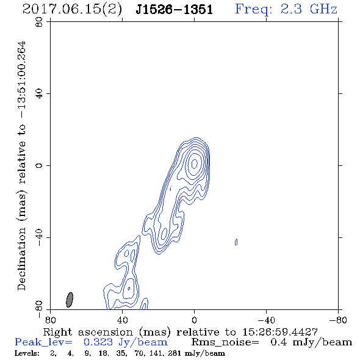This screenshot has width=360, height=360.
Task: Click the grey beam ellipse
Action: click(x=70, y=300)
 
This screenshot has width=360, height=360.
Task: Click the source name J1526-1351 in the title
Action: click(x=175, y=10)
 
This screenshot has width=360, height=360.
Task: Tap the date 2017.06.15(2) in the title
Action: click(x=72, y=10)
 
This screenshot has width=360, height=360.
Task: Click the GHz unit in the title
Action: click(x=323, y=9)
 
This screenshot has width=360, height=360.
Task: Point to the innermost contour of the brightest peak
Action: click(x=195, y=164)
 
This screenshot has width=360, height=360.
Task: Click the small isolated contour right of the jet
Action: click(x=236, y=242)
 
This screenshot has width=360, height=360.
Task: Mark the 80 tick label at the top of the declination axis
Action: click(x=39, y=22)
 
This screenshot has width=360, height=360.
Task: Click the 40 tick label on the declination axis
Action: click(x=39, y=94)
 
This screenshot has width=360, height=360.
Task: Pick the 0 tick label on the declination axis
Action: click(x=39, y=165)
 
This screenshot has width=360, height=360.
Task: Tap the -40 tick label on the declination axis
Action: click(x=39, y=237)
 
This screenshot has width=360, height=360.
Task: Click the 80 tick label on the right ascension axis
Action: click(x=50, y=320)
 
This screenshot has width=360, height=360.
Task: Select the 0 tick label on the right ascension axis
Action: click(x=194, y=320)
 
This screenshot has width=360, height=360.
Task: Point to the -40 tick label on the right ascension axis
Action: click(x=266, y=320)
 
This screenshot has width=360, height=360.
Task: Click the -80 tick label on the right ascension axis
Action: click(x=338, y=320)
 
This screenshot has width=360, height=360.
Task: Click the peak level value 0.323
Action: click(x=98, y=342)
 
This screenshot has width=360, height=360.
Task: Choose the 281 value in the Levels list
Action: click(x=175, y=353)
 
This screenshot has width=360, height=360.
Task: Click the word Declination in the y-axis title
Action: click(x=21, y=259)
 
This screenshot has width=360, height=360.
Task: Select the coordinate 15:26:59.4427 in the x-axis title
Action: click(x=280, y=332)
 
